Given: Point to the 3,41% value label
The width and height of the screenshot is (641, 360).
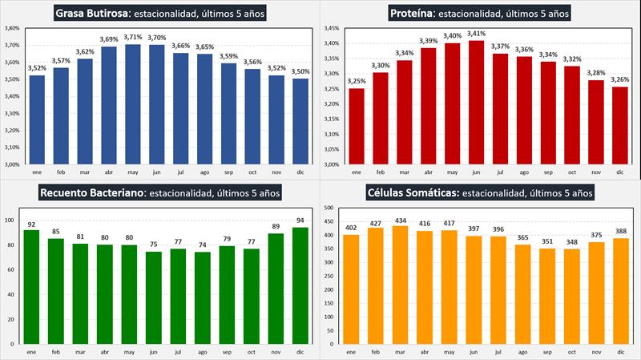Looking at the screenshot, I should click(477, 34).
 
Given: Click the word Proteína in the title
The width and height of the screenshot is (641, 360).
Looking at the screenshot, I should click(413, 13).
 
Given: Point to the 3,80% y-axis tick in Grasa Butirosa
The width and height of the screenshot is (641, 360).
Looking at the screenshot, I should click(12, 28).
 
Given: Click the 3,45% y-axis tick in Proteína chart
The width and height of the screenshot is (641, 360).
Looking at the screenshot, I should click(331, 28).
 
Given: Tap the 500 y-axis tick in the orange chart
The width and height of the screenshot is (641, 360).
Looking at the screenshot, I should click(329, 208).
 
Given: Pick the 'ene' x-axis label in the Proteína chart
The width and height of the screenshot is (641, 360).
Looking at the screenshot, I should click(356, 172).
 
